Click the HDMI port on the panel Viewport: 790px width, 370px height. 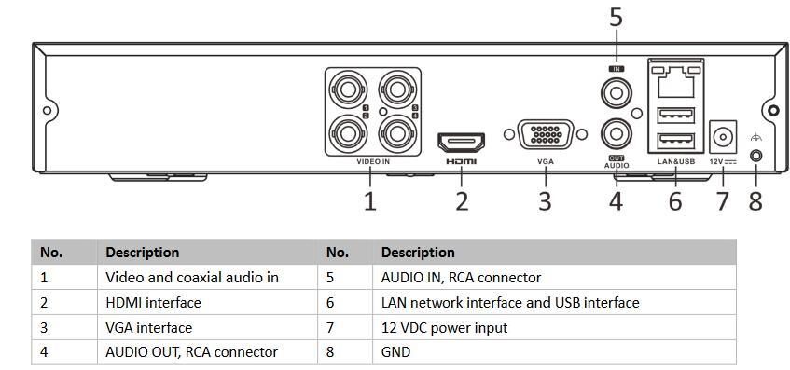coord(461,143)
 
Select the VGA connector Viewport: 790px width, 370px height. coord(546,134)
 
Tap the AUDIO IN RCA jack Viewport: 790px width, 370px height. coord(617,93)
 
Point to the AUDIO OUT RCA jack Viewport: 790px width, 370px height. coord(617,134)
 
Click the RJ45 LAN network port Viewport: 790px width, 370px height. coord(675,80)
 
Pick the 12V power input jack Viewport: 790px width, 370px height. coord(723,136)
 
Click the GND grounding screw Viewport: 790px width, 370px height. coord(755,156)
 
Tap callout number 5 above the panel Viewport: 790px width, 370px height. coord(617,18)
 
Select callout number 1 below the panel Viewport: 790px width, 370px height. coord(369,201)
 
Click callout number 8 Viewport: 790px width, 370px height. coord(755,201)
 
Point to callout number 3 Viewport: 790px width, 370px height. coord(545,201)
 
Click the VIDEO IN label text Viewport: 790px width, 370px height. coord(373,162)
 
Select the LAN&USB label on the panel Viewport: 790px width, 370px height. coord(676,162)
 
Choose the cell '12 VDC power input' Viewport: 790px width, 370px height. coord(554,328)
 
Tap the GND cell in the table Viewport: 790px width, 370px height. coord(554,352)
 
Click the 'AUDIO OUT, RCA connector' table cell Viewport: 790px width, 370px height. coord(207,352)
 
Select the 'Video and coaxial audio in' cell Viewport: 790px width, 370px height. coord(207,278)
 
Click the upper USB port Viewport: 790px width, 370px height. coord(676,116)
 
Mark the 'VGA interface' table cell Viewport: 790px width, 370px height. coord(207,328)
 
